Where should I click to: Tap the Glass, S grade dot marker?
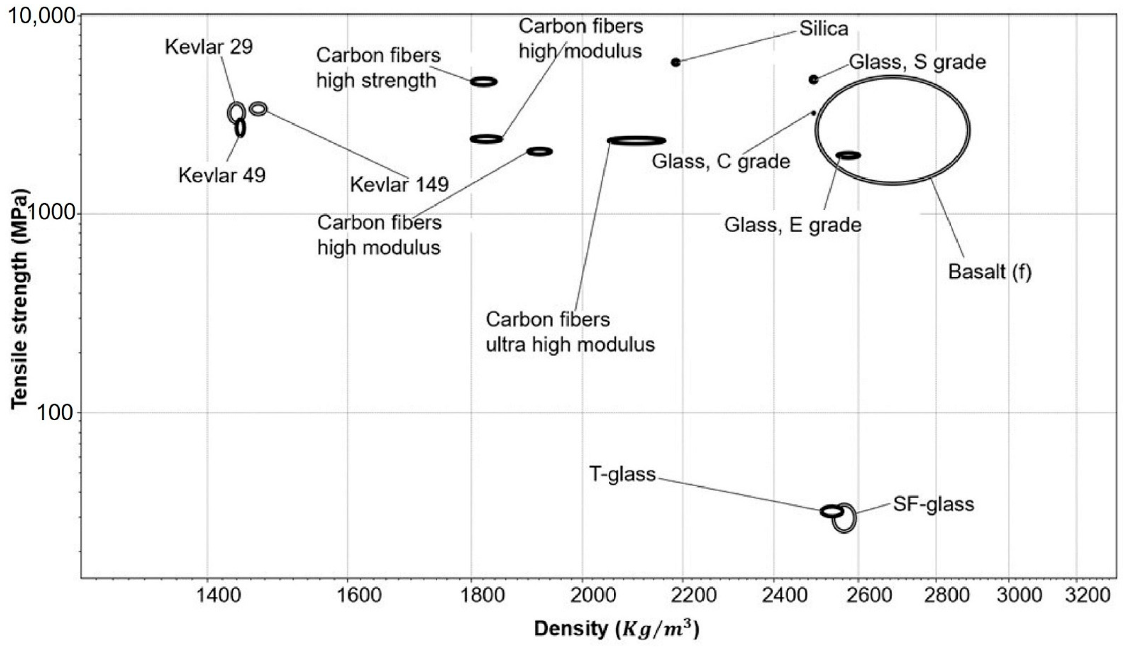813,80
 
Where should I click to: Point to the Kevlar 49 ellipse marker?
240,128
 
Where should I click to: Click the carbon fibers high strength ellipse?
484,81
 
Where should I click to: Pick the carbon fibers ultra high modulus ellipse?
636,141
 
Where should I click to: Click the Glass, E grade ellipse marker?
848,155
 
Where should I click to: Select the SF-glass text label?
934,504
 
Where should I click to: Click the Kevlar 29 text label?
208,47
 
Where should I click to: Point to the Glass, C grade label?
721,161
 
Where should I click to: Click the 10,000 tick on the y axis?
42,16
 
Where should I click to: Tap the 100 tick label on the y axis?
54,413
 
